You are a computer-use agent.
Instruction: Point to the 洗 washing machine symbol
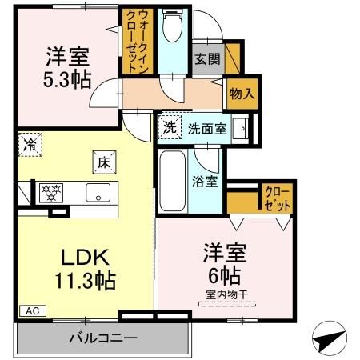[x=170, y=126]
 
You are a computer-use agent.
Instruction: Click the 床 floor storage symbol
[x=104, y=161]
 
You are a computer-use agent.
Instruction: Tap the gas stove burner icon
[x=52, y=192]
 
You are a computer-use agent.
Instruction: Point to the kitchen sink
[x=99, y=192]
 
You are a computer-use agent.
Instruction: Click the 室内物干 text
[x=226, y=295]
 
